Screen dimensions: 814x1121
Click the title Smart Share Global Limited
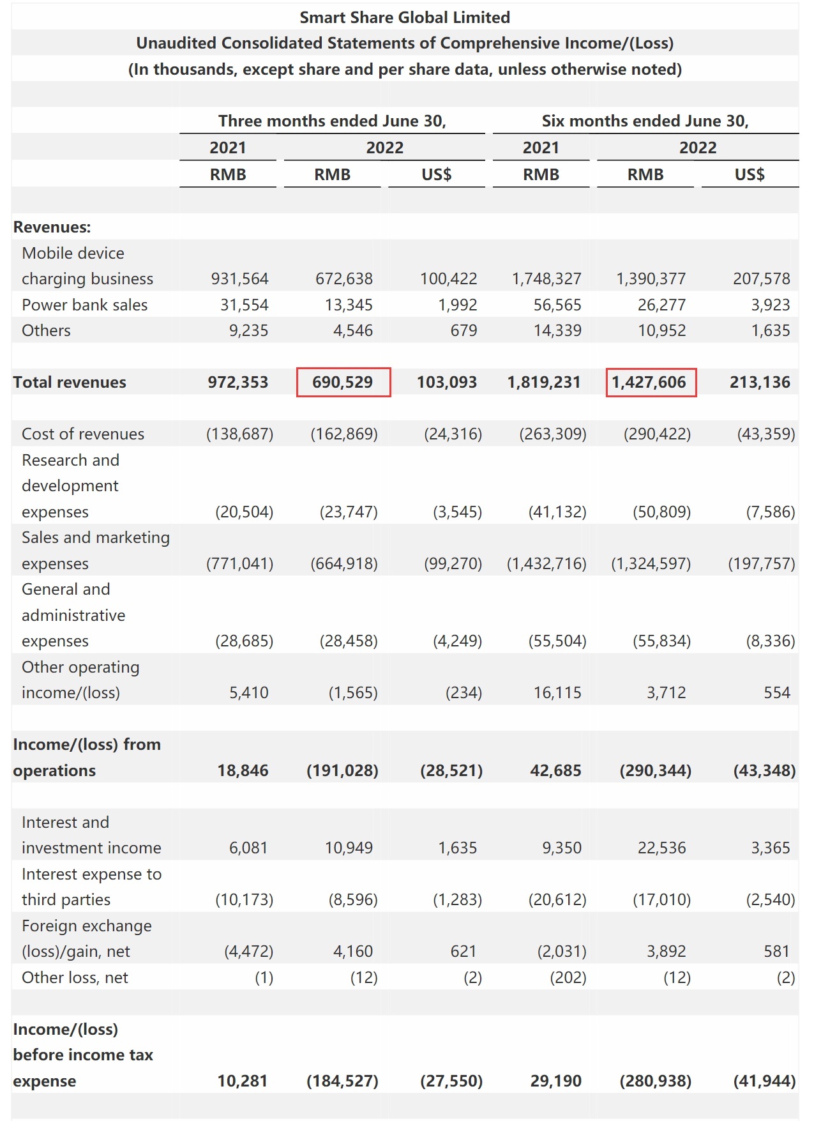405,17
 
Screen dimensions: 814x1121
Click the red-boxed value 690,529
342,382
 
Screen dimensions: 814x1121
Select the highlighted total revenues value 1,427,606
649,382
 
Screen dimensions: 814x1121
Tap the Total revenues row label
70,382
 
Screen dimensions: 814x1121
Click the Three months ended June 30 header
332,121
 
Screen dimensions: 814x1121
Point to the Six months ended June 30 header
645,121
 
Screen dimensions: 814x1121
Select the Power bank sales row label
84,305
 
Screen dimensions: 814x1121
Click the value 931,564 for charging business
239,278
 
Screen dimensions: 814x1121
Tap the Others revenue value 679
464,330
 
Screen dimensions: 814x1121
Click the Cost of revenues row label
83,434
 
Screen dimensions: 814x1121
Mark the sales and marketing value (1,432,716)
546,563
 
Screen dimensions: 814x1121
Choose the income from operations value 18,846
243,770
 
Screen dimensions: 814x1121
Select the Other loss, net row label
75,977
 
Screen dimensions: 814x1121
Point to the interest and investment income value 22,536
661,848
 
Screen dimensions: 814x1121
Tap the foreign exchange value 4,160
352,951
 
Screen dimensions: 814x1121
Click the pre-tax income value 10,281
243,1081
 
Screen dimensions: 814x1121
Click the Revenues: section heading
52,227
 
